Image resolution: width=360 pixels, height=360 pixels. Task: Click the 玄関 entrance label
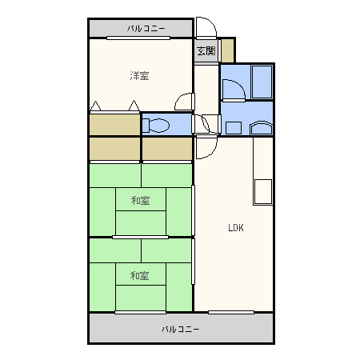206,50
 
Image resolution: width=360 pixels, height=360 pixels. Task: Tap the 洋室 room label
139,76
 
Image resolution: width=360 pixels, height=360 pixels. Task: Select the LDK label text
236,228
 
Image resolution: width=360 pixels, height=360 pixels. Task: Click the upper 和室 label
140,201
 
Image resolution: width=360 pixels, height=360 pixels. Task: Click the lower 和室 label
139,275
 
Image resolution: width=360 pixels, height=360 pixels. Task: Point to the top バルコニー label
146,29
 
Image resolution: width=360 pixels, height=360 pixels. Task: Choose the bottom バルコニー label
181,330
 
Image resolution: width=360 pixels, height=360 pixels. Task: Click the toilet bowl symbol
157,126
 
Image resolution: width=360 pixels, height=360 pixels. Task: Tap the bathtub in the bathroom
262,82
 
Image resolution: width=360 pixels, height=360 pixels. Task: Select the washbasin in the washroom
262,128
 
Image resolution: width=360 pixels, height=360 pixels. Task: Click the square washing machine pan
234,128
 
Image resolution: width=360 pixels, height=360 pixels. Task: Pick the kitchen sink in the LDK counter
263,192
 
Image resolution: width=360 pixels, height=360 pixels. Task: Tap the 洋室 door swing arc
180,98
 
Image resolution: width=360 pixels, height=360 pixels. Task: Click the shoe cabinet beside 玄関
228,50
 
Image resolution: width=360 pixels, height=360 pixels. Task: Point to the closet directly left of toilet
114,125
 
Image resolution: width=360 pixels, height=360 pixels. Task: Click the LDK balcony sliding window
231,312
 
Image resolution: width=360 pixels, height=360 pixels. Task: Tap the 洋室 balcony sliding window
138,38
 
